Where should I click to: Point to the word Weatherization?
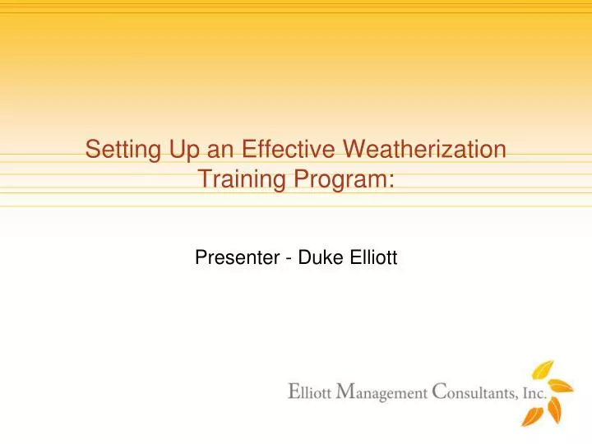coord(423,150)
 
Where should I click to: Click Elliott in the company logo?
coord(309,393)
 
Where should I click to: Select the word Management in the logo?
coord(379,393)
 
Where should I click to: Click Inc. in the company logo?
coord(534,393)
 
